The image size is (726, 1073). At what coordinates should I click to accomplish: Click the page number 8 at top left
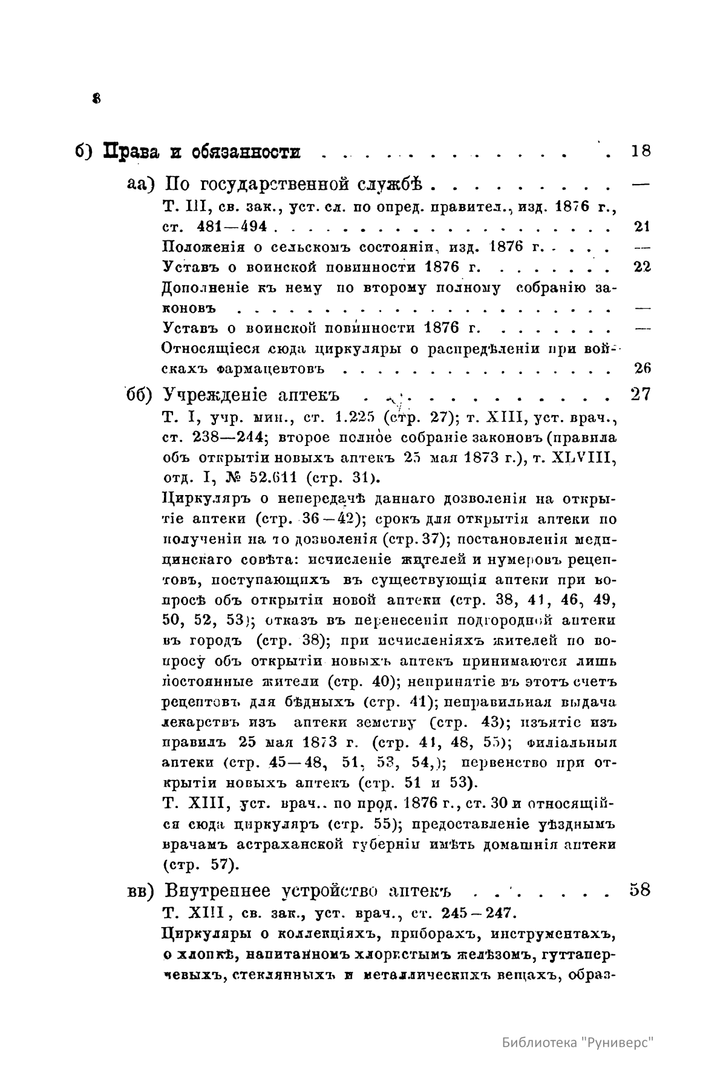96,98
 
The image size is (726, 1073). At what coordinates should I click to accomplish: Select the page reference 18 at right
640,151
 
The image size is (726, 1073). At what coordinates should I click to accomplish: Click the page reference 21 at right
642,227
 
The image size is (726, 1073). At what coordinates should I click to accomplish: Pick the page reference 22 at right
642,267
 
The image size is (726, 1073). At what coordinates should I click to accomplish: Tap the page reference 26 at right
642,368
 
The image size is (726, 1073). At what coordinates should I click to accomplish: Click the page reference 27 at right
640,395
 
